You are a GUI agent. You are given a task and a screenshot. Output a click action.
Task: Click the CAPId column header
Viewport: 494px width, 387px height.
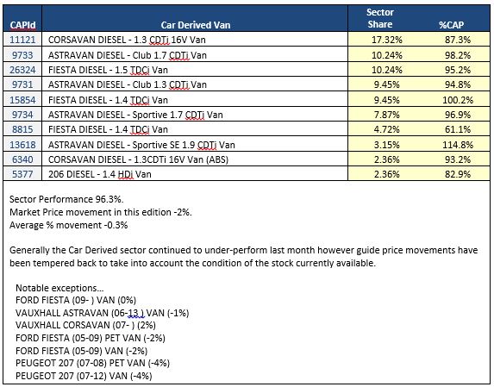tap(22, 25)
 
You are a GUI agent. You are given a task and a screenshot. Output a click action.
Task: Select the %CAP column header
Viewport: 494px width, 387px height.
tap(451, 25)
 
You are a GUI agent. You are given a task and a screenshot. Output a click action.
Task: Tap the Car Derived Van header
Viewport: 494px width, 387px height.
tap(196, 25)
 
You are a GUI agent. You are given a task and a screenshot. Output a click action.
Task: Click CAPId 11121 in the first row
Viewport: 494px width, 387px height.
tap(22, 40)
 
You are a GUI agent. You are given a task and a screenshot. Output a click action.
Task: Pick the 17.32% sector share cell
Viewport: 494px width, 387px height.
tap(387, 40)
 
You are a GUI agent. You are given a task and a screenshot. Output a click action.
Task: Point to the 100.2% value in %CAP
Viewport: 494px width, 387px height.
tap(458, 100)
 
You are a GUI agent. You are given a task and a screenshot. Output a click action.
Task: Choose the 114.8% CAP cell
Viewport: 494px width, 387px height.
tap(458, 145)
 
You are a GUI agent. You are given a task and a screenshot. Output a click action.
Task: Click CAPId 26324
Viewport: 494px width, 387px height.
tap(22, 70)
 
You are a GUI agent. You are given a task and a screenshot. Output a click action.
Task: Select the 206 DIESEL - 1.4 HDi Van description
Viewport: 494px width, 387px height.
tap(99, 174)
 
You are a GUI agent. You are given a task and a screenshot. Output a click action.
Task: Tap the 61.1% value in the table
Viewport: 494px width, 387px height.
tap(458, 129)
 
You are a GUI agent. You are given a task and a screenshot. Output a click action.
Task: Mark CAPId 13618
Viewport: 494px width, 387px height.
tap(22, 145)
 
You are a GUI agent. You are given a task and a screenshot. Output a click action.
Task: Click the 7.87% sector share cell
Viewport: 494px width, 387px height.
tap(387, 115)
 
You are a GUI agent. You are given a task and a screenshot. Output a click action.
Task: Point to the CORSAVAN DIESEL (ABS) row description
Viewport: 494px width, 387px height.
tap(138, 159)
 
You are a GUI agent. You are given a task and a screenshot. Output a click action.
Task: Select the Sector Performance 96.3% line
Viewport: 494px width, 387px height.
tap(66, 199)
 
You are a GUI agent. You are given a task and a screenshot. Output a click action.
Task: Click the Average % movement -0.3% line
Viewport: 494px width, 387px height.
tap(68, 225)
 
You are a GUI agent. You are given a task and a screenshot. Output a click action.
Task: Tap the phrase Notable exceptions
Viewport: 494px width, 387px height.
tap(59, 288)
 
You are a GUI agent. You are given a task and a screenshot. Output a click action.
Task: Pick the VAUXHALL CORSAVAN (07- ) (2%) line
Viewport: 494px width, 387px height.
tap(85, 325)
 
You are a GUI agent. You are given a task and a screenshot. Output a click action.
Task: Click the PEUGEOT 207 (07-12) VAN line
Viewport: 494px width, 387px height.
tap(84, 376)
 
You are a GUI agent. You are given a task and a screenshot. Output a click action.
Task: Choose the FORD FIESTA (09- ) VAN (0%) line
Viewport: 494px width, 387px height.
tap(76, 300)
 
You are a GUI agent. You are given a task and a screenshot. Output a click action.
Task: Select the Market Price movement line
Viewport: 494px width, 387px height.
tap(101, 212)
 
